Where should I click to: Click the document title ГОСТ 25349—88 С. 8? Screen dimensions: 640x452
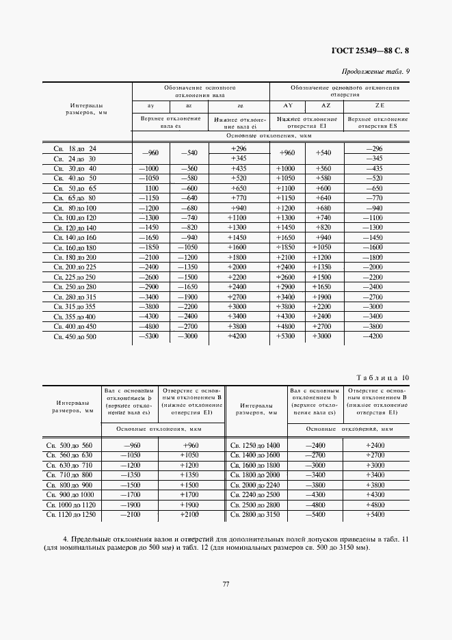click(x=374, y=50)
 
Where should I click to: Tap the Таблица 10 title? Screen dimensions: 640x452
click(x=384, y=377)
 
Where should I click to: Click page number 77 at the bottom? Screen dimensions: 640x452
click(x=226, y=583)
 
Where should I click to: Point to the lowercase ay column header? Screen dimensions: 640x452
click(x=150, y=105)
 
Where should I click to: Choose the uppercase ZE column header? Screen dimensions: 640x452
click(x=380, y=105)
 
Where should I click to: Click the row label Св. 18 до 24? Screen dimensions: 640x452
click(x=75, y=148)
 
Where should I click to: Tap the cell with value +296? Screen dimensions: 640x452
click(x=239, y=148)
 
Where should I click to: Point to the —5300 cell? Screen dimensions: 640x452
click(x=150, y=336)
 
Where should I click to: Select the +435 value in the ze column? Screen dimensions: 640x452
click(x=239, y=168)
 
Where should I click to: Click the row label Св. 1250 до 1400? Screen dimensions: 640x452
click(x=255, y=445)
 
